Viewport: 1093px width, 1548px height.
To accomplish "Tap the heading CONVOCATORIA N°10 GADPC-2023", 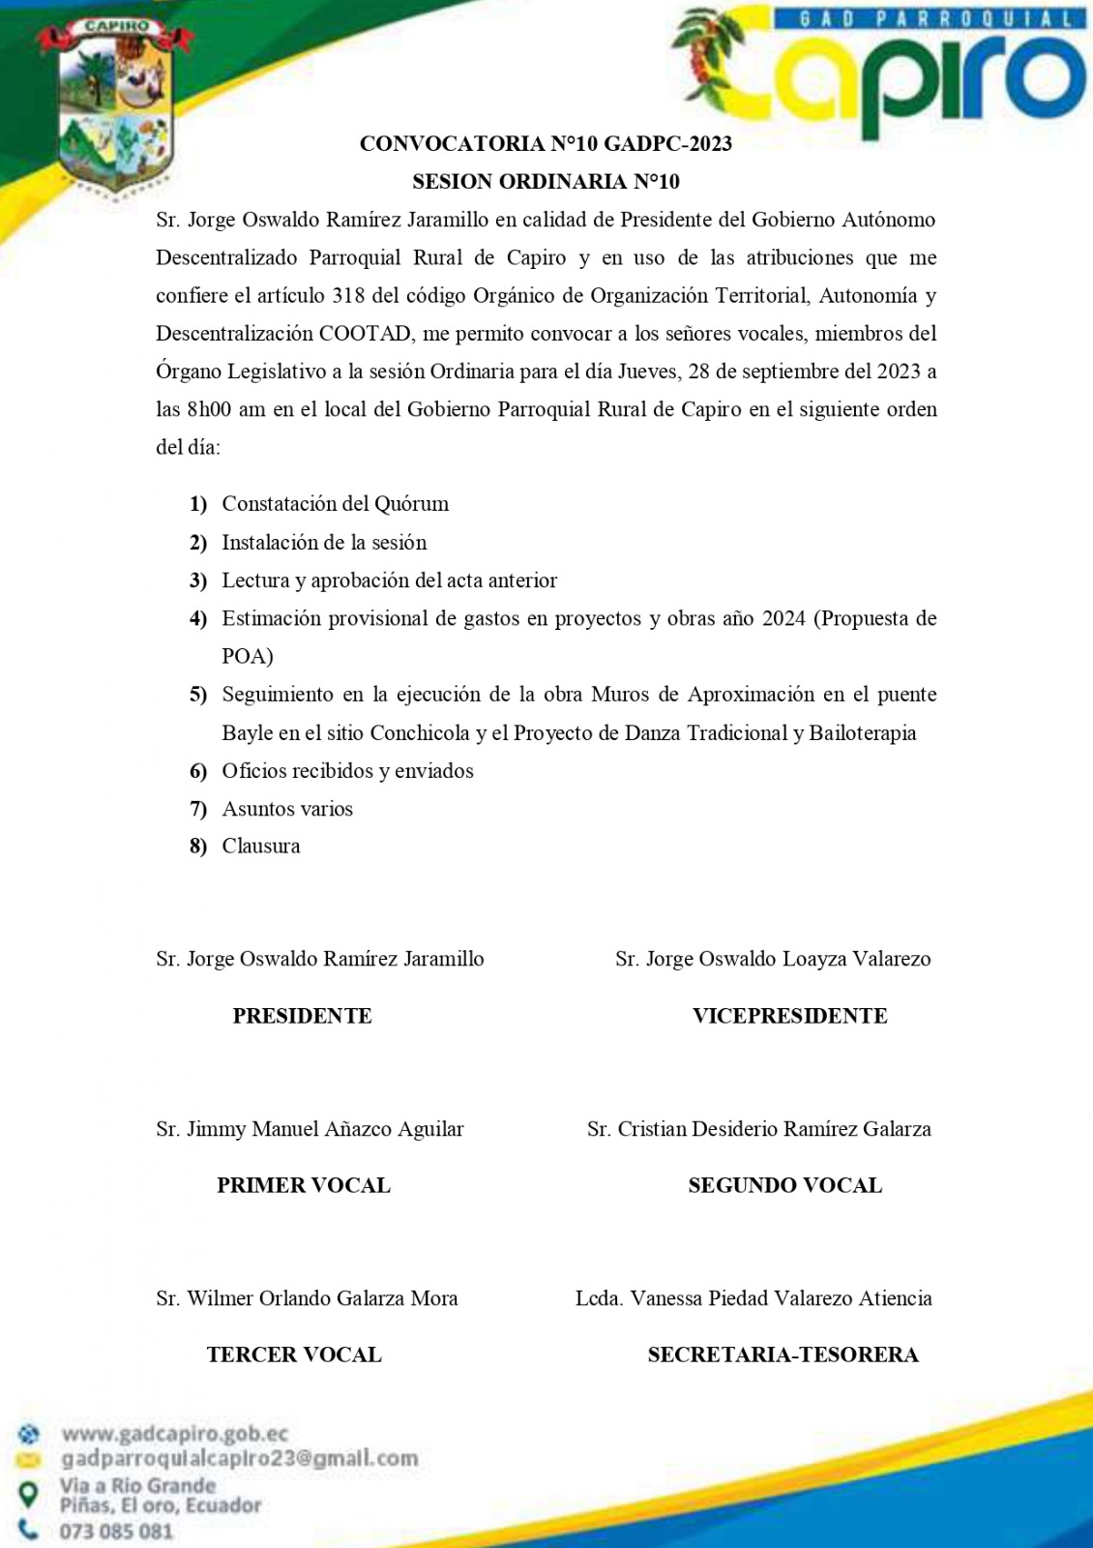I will tap(546, 144).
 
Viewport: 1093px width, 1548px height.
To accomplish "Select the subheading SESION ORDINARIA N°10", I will tap(546, 182).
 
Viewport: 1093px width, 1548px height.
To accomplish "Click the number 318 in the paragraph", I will tap(348, 296).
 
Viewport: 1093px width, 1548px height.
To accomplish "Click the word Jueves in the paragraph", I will tap(647, 372).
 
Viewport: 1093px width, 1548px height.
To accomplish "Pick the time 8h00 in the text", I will tap(208, 409).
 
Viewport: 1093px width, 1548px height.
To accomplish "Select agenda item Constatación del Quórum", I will tap(335, 504).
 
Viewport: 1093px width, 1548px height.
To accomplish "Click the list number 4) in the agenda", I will tap(198, 619).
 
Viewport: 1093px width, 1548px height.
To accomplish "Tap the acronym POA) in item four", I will tap(248, 657).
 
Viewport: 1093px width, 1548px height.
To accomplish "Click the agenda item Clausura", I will tap(261, 847).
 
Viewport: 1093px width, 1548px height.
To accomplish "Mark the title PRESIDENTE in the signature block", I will tap(302, 1016).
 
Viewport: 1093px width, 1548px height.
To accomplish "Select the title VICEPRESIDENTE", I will tap(789, 1016).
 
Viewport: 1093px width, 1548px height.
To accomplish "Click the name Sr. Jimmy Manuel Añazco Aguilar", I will tap(310, 1129).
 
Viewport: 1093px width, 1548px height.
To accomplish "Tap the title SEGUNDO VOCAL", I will tap(784, 1186).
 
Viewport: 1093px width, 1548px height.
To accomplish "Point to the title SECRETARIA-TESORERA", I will tap(783, 1355).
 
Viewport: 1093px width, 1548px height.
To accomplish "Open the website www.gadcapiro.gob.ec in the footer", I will tap(174, 1434).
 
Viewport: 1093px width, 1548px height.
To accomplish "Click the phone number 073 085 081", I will tap(116, 1532).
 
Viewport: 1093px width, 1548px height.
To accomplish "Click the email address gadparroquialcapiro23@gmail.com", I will tap(240, 1458).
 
